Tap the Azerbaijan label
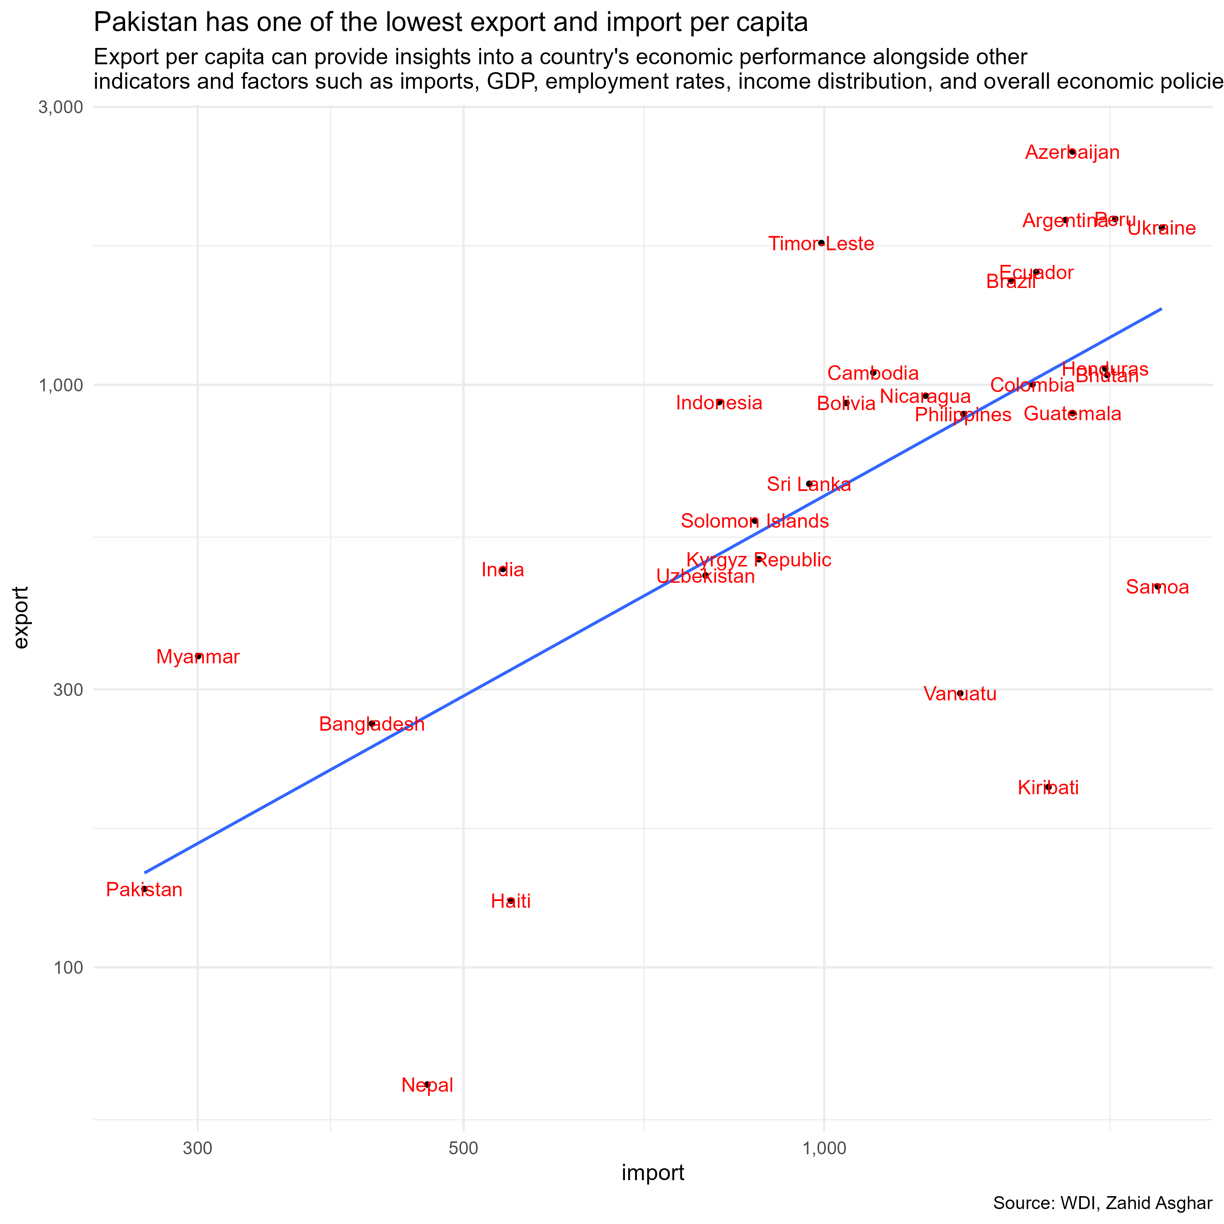[1072, 153]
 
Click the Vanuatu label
[960, 694]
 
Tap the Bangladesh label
[372, 724]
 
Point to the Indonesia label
[719, 403]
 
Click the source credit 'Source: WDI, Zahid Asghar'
[1102, 1203]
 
